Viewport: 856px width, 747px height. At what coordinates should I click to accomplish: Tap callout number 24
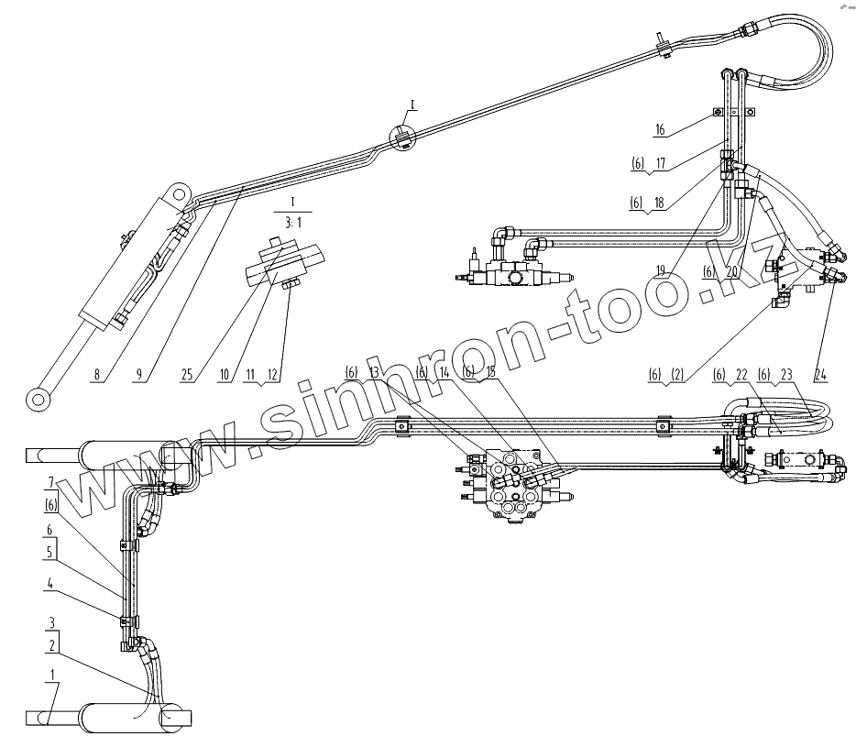click(x=821, y=375)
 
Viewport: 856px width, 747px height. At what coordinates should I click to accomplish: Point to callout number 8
click(x=97, y=375)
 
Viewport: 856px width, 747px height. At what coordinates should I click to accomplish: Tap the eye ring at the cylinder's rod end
click(x=38, y=399)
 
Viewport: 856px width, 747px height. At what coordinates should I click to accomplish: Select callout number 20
click(x=733, y=272)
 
